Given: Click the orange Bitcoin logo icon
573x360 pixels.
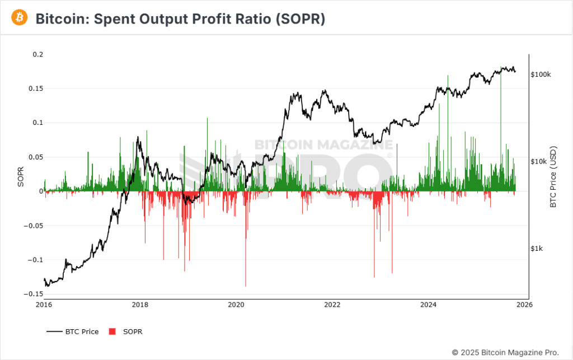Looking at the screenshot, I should tap(20, 18).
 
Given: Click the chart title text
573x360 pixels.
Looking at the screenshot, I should tap(180, 18).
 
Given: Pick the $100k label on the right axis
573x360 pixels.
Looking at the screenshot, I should tap(541, 74).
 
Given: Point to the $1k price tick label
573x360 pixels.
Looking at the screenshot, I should tap(537, 249).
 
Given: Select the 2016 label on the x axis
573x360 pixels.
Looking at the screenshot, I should tap(44, 305).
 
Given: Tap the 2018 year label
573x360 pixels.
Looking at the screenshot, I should tap(140, 305).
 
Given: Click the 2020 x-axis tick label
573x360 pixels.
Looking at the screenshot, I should tap(237, 305).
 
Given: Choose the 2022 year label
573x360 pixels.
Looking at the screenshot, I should tap(332, 305).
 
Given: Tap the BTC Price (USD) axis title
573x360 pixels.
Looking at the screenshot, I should tap(553, 177).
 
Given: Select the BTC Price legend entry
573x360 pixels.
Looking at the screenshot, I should tap(73, 332).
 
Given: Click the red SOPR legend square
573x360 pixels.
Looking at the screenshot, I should tap(112, 332).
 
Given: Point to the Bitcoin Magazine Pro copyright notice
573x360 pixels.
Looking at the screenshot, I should tap(505, 352).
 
